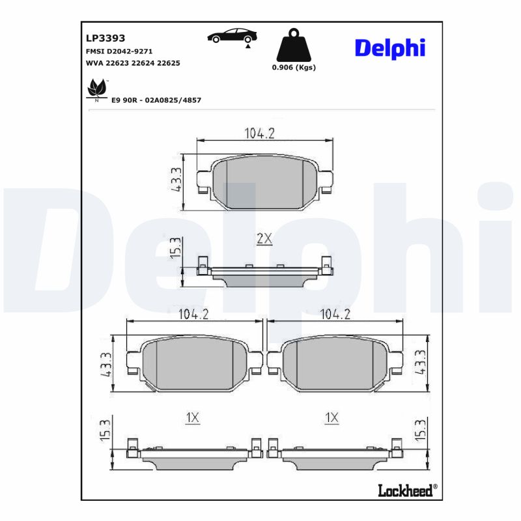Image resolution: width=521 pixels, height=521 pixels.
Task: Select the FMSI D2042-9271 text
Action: coord(120,51)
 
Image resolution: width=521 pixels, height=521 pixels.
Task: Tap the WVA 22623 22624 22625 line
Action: coord(133,63)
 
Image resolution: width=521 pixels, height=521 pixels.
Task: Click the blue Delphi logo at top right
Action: coord(389,48)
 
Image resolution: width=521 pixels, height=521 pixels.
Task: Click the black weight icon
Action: coord(293,45)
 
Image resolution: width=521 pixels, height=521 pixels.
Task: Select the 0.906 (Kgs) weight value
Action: coord(294,68)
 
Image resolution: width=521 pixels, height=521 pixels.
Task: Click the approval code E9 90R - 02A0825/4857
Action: coord(156,100)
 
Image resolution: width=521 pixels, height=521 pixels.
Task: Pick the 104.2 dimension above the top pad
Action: coord(259,133)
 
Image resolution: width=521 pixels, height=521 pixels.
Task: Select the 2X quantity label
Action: coord(264,239)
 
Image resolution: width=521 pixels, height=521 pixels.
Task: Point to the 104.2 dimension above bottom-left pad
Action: coord(193,314)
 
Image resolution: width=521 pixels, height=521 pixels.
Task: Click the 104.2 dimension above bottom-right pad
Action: coord(335,314)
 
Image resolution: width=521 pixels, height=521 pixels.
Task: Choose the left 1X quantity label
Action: coord(191,418)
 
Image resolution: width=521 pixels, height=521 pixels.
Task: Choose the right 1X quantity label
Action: coord(332,418)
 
